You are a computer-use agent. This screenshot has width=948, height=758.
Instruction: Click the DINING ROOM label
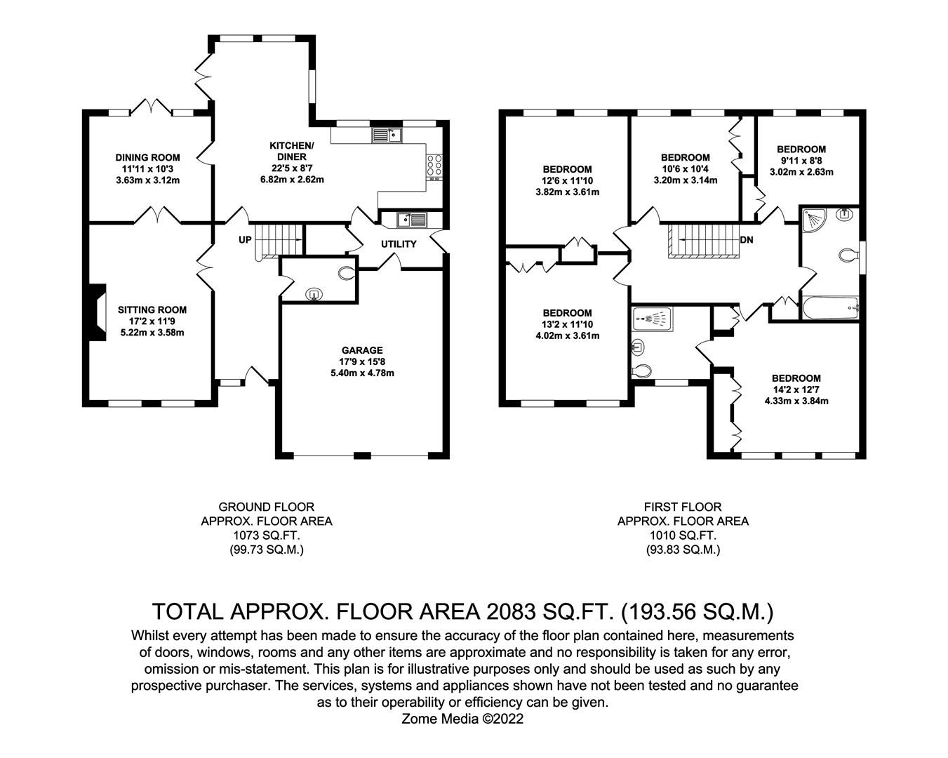[147, 158]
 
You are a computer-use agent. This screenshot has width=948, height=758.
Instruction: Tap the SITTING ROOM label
[152, 310]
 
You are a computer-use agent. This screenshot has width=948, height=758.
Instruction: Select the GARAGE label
[362, 350]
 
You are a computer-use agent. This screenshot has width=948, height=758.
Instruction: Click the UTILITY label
[399, 244]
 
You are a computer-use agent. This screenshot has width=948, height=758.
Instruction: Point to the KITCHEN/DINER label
[292, 151]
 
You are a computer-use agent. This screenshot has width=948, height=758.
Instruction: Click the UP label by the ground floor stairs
[245, 240]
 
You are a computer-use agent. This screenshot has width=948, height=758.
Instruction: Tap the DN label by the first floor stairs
[747, 240]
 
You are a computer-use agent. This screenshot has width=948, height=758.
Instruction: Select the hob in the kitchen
[434, 166]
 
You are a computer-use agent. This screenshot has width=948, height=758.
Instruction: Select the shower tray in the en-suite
[653, 319]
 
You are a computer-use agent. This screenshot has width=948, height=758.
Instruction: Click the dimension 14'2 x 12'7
[796, 390]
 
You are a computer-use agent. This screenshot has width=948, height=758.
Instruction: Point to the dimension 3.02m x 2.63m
[801, 172]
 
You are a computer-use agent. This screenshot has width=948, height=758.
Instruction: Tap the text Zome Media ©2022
[462, 719]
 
